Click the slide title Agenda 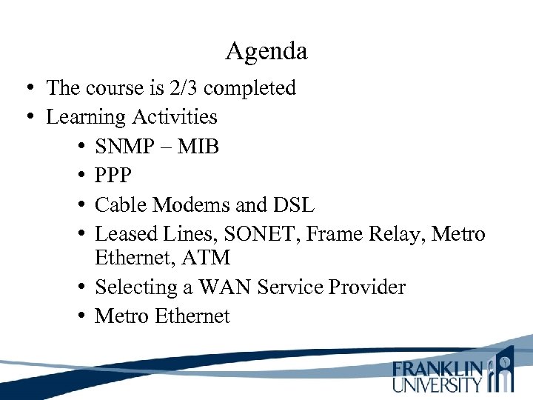(x=266, y=52)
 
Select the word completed (x=249, y=88)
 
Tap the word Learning (x=86, y=117)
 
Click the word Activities (x=175, y=117)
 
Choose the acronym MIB (x=199, y=147)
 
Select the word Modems (x=194, y=204)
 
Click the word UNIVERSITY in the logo (x=438, y=384)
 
